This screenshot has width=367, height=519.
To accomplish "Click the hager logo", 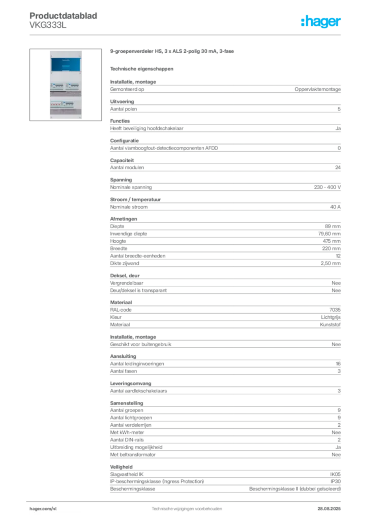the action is click(x=321, y=21).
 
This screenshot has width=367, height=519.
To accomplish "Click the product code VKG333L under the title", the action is click(x=48, y=25).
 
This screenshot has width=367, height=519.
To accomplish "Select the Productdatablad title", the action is click(x=63, y=16).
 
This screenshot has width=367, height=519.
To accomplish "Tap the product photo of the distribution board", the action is click(x=65, y=85).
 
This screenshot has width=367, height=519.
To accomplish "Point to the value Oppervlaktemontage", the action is click(x=317, y=89).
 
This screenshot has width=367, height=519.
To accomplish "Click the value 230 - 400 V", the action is click(x=327, y=188).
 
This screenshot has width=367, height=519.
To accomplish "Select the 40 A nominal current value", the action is click(x=335, y=207).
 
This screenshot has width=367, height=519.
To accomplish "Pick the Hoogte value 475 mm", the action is click(x=332, y=241).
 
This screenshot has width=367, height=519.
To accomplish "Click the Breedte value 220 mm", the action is click(x=331, y=248).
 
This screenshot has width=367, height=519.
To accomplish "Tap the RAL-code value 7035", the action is click(x=335, y=310).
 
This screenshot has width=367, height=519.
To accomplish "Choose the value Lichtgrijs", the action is click(x=331, y=317).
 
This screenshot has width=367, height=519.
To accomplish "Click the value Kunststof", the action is click(x=330, y=325).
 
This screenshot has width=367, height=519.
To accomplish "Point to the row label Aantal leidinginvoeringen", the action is click(x=137, y=364).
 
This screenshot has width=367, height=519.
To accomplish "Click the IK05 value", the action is click(x=335, y=474).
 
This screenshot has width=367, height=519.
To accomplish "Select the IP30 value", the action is click(x=336, y=481).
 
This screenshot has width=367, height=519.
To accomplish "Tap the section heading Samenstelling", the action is click(x=126, y=403).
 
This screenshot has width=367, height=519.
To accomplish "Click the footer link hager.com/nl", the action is click(x=43, y=509).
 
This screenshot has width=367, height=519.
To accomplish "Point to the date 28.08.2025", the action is click(x=329, y=509).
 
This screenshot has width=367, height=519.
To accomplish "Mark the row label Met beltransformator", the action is click(x=133, y=455).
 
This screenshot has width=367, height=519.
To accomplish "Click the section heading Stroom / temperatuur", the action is click(x=135, y=200).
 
